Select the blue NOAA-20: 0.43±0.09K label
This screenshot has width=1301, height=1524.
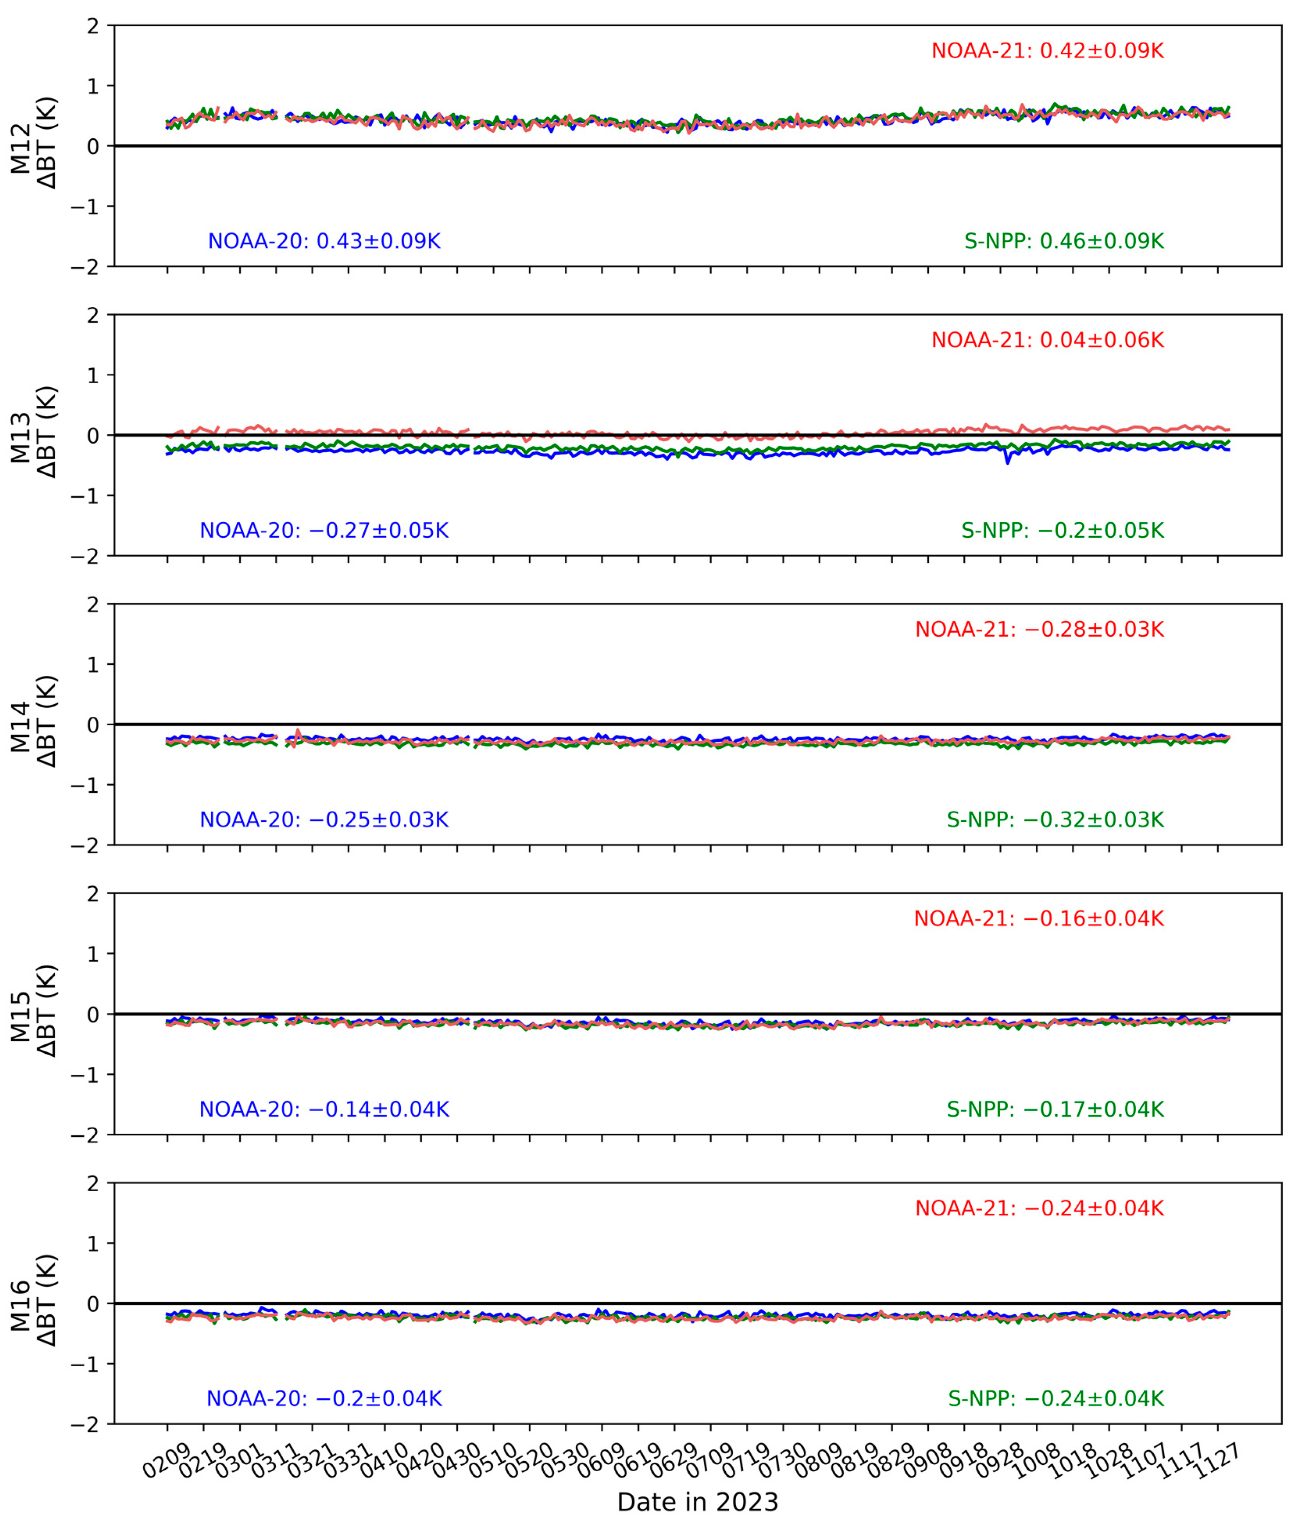[324, 241]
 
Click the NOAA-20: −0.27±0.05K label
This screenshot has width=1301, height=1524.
[324, 530]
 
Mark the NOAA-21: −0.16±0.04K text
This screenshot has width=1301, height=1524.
[1039, 919]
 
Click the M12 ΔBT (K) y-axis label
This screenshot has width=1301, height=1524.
[33, 146]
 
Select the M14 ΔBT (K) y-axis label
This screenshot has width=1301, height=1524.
[33, 725]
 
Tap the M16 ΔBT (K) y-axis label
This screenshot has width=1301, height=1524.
[33, 1303]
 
